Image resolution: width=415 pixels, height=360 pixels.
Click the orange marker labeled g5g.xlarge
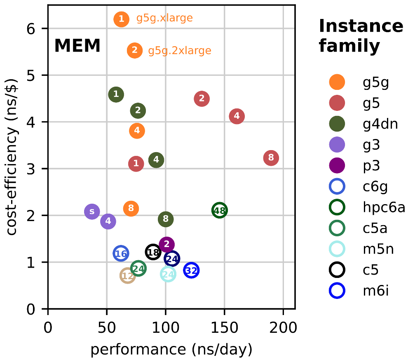[121, 19]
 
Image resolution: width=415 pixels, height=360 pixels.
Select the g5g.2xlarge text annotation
[179, 51]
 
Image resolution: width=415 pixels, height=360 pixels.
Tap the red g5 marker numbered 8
[271, 158]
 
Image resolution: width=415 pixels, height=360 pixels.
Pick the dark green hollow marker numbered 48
[220, 210]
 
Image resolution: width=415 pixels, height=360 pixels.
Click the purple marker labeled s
[92, 212]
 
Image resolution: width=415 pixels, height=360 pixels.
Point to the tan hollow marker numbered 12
[128, 276]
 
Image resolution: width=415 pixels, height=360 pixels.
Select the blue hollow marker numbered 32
[191, 271]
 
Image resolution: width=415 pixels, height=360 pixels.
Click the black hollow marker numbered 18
[153, 252]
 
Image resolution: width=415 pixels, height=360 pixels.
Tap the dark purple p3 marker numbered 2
[166, 245]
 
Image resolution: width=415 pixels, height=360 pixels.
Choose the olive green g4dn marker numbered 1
[116, 94]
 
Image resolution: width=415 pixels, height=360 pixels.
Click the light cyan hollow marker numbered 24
[168, 274]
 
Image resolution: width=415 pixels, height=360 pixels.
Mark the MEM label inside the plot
[77, 46]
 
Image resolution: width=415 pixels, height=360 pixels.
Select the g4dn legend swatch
[337, 124]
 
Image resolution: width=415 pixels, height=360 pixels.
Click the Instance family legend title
[361, 36]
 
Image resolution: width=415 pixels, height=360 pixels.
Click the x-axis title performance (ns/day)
[171, 349]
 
